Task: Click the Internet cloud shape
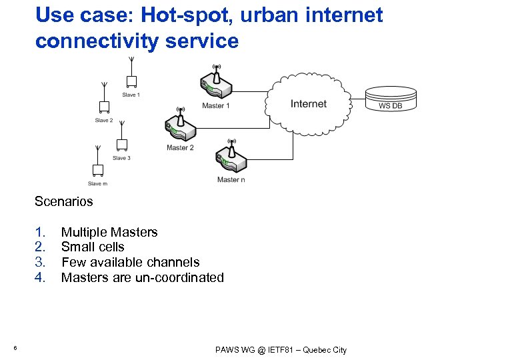pos(309,103)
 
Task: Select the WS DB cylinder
pos(391,99)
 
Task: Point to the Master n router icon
pos(231,160)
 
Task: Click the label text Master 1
pos(216,106)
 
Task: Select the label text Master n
pos(231,180)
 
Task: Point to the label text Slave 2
pos(103,121)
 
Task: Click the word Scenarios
pos(64,201)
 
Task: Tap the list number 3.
pos(40,263)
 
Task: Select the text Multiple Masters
pos(109,233)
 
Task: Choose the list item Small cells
pos(93,247)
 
